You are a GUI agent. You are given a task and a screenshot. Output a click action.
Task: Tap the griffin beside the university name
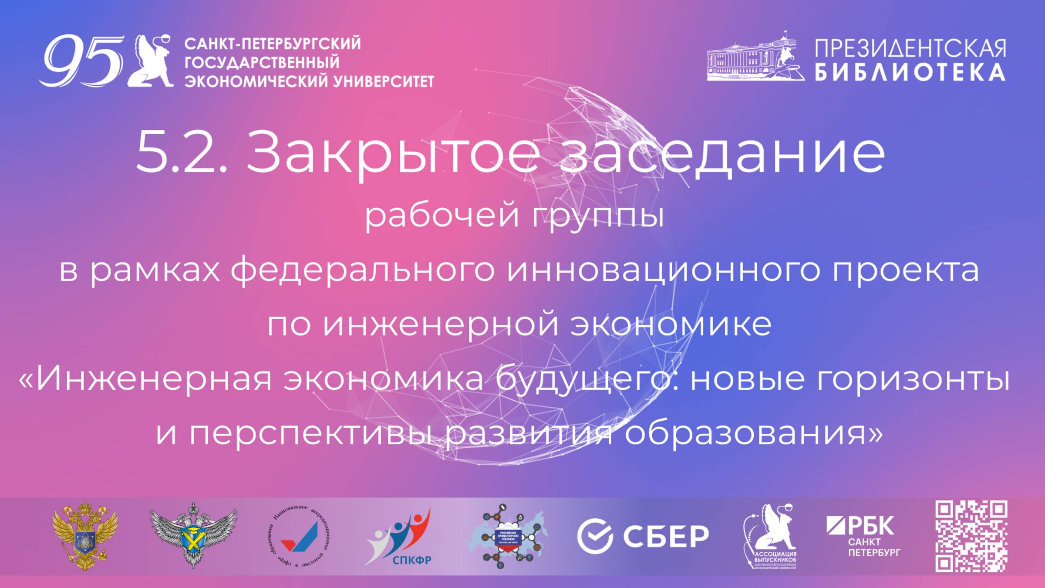[x=150, y=61]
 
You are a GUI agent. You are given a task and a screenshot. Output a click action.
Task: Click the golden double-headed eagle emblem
[x=85, y=536]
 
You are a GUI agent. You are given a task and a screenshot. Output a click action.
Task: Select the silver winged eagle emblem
[x=193, y=535]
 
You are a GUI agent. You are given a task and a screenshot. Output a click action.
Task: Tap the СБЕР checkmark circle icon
[x=595, y=536]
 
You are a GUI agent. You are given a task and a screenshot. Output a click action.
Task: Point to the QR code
[x=971, y=536]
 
